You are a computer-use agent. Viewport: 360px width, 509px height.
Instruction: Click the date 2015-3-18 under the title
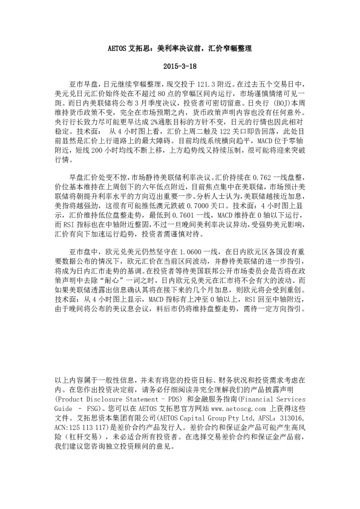coord(180,65)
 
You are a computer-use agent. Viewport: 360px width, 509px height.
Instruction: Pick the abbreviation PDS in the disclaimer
coord(171,400)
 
